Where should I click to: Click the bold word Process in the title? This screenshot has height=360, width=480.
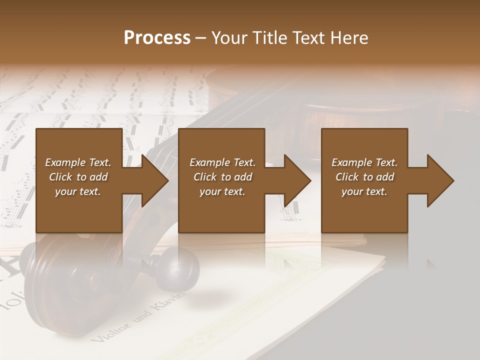point(157,38)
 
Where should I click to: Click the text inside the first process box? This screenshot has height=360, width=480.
point(78,177)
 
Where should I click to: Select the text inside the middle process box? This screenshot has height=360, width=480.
point(222,177)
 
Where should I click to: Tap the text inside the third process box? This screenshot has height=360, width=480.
point(364,177)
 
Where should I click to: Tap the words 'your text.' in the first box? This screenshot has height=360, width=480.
point(78,191)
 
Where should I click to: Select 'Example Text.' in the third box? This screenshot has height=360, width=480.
point(364,162)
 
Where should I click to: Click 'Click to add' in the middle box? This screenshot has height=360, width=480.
point(222,177)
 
